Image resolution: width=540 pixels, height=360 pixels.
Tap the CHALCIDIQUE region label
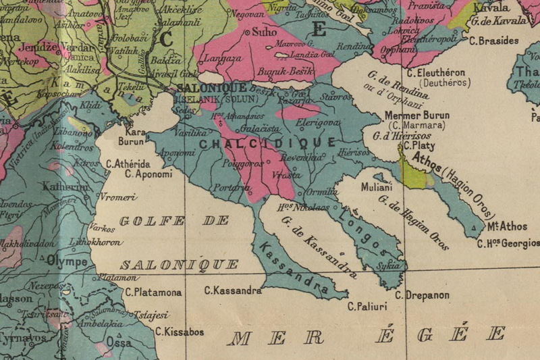[268, 143]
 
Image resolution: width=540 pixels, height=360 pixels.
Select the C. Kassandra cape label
[233, 291]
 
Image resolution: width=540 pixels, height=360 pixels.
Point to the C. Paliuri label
[367, 307]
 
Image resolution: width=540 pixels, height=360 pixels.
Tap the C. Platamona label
[153, 292]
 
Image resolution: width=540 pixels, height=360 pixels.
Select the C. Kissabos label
[180, 332]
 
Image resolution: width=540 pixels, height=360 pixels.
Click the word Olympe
[67, 261]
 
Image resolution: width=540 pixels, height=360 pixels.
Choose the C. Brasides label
[493, 41]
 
